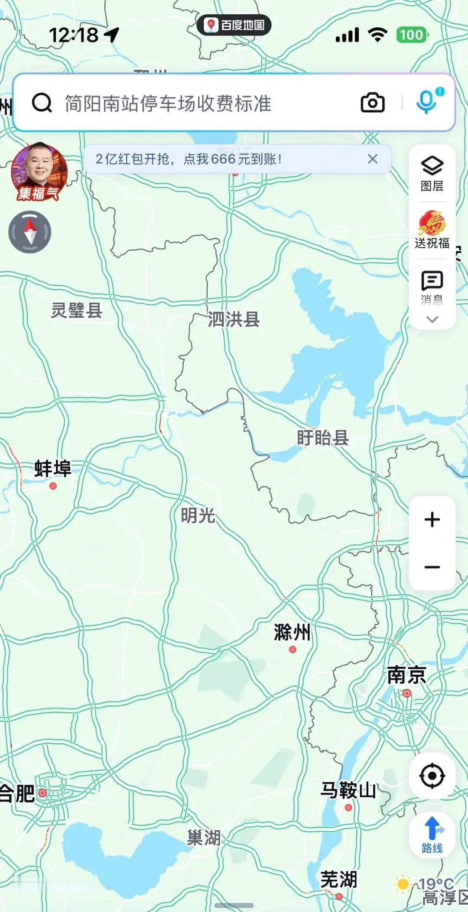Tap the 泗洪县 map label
pyautogui.click(x=234, y=319)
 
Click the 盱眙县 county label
pyautogui.click(x=323, y=438)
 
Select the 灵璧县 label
pyautogui.click(x=77, y=310)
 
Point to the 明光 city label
pyautogui.click(x=198, y=515)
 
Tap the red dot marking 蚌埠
pyautogui.click(x=53, y=486)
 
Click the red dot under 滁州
pyautogui.click(x=292, y=649)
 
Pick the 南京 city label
pyautogui.click(x=406, y=675)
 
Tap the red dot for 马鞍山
pyautogui.click(x=348, y=807)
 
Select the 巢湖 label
pyautogui.click(x=204, y=838)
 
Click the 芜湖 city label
pyautogui.click(x=339, y=880)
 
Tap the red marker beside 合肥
pyautogui.click(x=42, y=793)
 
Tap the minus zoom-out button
pyautogui.click(x=432, y=567)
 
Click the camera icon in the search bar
pyautogui.click(x=373, y=103)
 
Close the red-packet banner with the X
pyautogui.click(x=373, y=159)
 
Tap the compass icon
pyautogui.click(x=30, y=232)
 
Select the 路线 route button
pyautogui.click(x=432, y=835)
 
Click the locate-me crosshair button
pyautogui.click(x=432, y=776)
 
